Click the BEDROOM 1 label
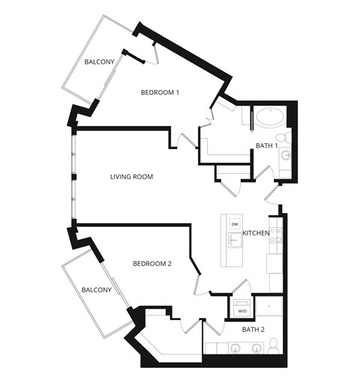click(x=160, y=93)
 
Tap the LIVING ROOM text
click(x=131, y=177)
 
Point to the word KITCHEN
click(x=256, y=234)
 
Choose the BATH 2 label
click(x=253, y=329)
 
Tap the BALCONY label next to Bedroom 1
click(x=99, y=61)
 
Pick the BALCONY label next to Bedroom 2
click(x=96, y=290)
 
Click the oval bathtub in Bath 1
click(x=270, y=118)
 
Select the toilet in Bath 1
click(x=281, y=137)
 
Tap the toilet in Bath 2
click(x=274, y=346)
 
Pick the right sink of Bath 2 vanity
click(x=256, y=349)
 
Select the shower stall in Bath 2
click(x=268, y=307)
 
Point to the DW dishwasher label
click(x=235, y=224)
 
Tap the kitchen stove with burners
click(x=275, y=237)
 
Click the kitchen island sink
click(x=234, y=240)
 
